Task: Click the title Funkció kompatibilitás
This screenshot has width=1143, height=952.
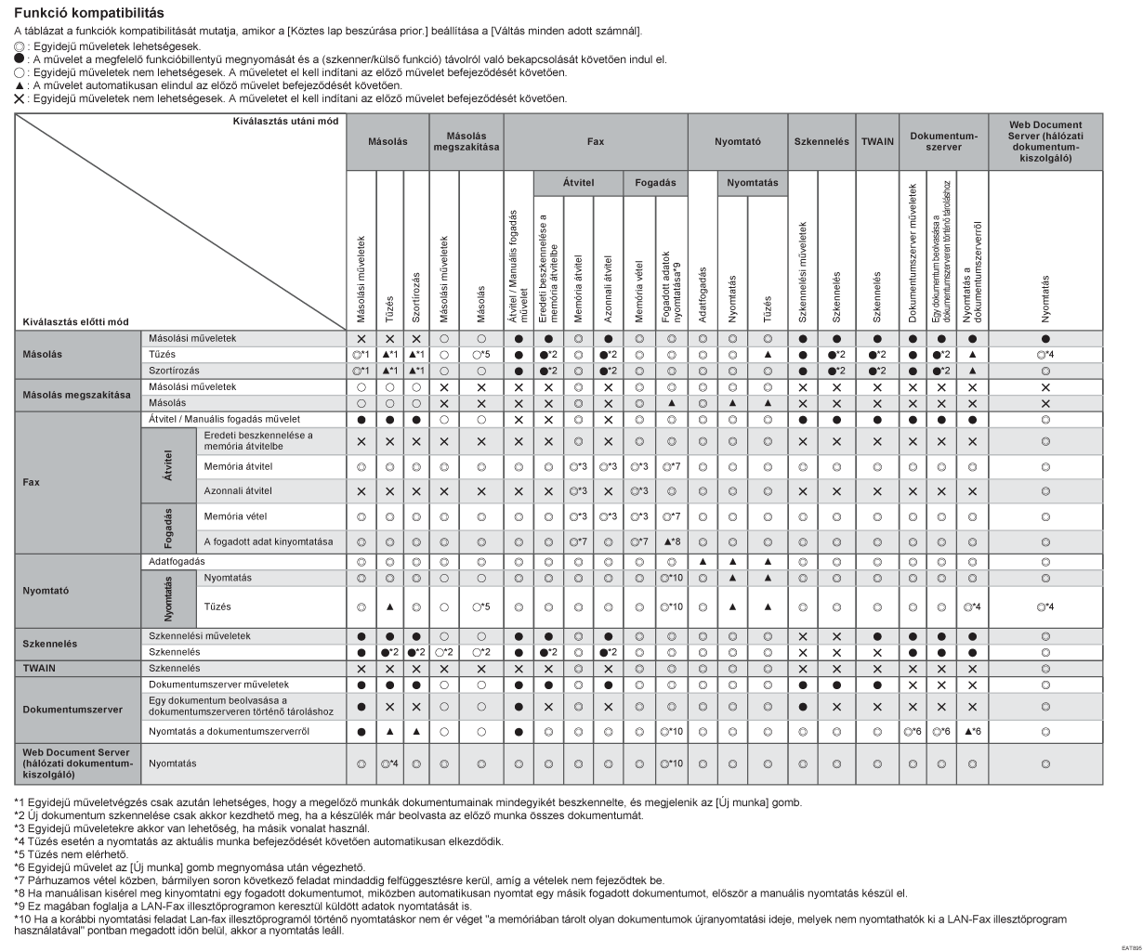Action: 88,13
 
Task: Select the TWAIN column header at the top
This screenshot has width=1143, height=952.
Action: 876,142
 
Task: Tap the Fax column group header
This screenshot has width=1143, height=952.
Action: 595,142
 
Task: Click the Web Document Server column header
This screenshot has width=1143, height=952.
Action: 1046,142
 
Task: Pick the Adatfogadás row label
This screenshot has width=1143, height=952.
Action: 177,561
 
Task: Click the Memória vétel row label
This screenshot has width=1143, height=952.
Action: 230,515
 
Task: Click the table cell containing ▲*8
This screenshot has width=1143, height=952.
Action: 670,541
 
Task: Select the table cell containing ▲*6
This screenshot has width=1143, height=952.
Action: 972,732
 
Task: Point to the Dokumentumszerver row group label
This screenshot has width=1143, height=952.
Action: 72,709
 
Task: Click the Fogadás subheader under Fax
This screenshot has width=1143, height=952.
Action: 654,183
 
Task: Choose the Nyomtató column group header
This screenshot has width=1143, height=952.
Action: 737,142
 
